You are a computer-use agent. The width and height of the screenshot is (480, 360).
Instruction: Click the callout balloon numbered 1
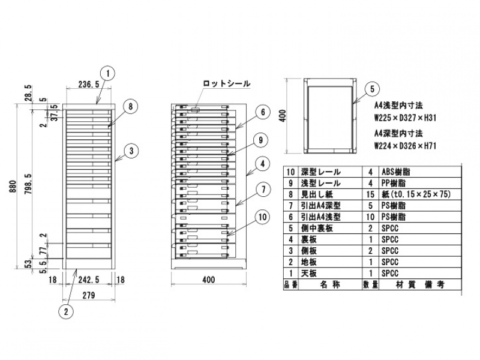pyautogui.click(x=107, y=74)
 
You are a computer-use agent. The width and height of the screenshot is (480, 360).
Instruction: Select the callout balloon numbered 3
pyautogui.click(x=132, y=150)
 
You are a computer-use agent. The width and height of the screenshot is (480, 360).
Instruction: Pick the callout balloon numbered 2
pyautogui.click(x=67, y=311)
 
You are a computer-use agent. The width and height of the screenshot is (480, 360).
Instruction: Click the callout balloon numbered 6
pyautogui.click(x=262, y=112)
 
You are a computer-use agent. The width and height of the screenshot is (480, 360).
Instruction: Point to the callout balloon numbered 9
pyautogui.click(x=259, y=140)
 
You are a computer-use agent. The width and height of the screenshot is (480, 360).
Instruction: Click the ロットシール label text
pyautogui.click(x=226, y=84)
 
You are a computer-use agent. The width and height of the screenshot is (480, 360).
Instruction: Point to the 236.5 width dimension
pyautogui.click(x=89, y=85)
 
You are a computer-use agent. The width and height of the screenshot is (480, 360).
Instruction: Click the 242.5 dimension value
pyautogui.click(x=89, y=280)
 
